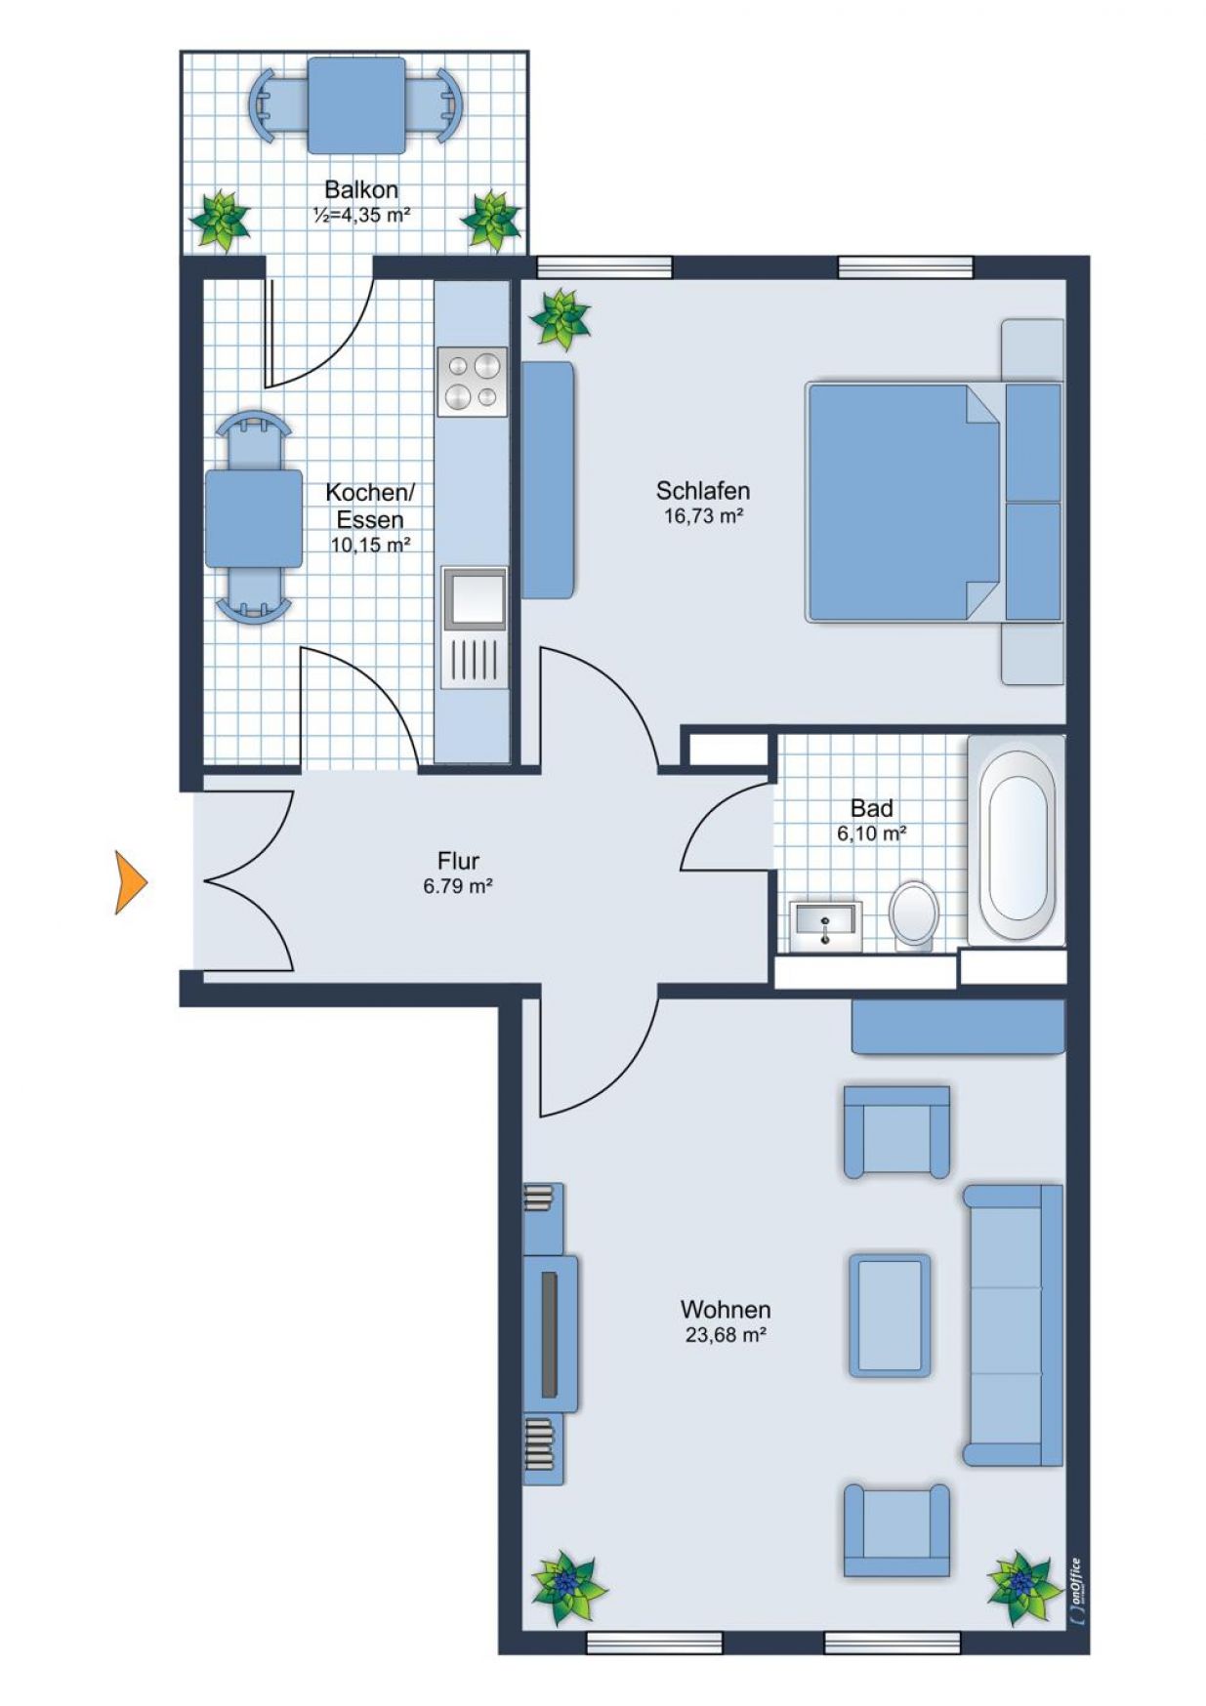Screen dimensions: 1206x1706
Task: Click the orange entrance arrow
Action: pyautogui.click(x=130, y=882)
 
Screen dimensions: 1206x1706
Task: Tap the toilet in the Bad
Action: pyautogui.click(x=914, y=914)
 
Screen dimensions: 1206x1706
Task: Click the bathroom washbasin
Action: pyautogui.click(x=825, y=923)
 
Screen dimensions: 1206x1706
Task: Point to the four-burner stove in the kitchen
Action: pyautogui.click(x=473, y=382)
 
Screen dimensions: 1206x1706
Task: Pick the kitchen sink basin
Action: pyautogui.click(x=474, y=597)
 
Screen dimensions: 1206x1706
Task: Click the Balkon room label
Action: pyautogui.click(x=361, y=189)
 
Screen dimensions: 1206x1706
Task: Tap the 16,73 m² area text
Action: pyautogui.click(x=704, y=515)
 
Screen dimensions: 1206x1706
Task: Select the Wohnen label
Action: pyautogui.click(x=726, y=1309)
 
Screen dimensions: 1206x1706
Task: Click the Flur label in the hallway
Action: pyautogui.click(x=458, y=861)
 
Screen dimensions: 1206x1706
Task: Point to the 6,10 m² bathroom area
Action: pyautogui.click(x=872, y=833)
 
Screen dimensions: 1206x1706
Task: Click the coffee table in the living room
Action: pyautogui.click(x=889, y=1316)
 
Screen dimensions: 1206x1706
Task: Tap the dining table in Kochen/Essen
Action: pyautogui.click(x=254, y=518)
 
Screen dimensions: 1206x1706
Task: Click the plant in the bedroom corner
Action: pyautogui.click(x=560, y=319)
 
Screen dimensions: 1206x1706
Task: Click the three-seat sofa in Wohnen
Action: pyautogui.click(x=1014, y=1325)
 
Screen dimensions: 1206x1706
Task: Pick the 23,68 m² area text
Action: pyautogui.click(x=726, y=1334)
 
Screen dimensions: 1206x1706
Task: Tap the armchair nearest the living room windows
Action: pyautogui.click(x=896, y=1530)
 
